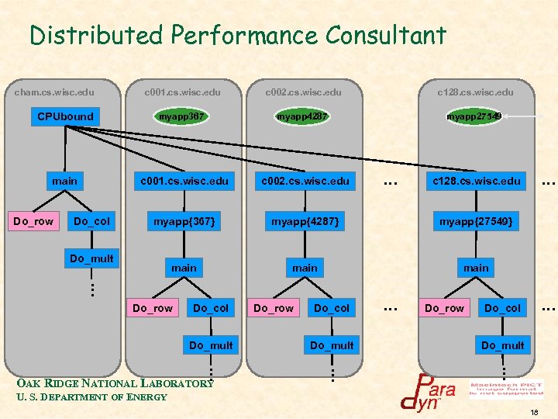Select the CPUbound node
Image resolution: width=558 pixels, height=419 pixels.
(x=65, y=116)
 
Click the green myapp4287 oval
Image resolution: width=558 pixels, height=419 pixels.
(x=303, y=116)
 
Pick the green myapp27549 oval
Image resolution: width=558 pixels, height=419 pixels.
(x=474, y=116)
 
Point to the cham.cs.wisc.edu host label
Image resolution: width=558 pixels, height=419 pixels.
(x=55, y=92)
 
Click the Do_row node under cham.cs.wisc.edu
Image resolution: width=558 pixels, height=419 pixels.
(x=33, y=221)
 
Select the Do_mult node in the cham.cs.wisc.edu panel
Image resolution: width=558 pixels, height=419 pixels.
(x=91, y=258)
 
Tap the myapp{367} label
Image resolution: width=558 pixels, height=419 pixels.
(x=184, y=222)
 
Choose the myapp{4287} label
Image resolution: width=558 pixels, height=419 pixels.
(x=304, y=222)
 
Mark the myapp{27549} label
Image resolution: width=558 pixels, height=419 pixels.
(x=476, y=222)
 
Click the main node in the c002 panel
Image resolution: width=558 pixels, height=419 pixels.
(x=305, y=268)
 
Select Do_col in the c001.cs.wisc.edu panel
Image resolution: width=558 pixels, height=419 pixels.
(x=211, y=308)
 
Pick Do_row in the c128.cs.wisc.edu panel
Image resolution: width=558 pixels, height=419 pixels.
(x=445, y=308)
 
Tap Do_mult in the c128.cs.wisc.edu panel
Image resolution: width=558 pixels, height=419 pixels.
(x=502, y=345)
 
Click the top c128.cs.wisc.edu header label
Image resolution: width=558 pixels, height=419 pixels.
(x=475, y=92)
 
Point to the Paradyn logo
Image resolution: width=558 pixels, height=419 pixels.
(x=428, y=392)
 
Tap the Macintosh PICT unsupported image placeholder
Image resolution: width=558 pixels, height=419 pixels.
(x=506, y=388)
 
